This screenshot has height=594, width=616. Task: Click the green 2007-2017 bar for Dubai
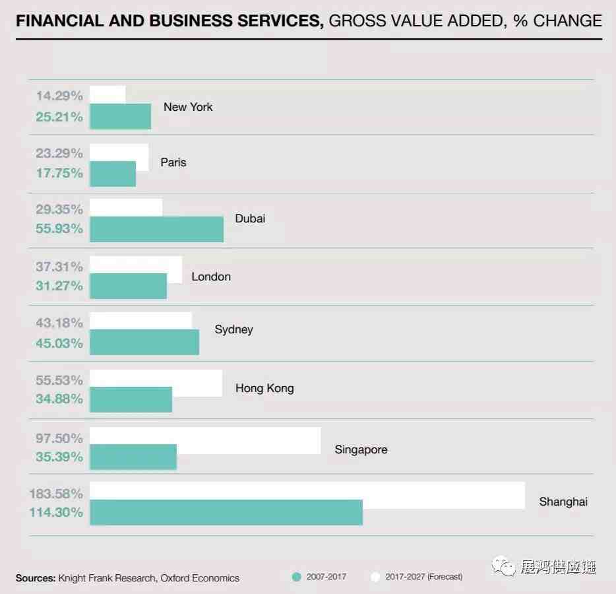(156, 229)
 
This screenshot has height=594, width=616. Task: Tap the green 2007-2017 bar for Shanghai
(226, 512)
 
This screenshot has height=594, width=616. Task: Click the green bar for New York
(120, 116)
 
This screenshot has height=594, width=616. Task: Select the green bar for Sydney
(144, 343)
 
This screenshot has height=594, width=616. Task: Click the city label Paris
(173, 162)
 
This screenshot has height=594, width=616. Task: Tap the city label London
(211, 277)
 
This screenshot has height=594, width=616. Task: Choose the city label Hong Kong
(264, 388)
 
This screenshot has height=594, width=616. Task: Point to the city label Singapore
(361, 450)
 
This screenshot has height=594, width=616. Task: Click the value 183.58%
(55, 494)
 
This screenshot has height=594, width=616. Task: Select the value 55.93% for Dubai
(59, 229)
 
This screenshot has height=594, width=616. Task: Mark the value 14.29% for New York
(59, 96)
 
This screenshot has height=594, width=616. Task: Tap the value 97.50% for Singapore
(59, 438)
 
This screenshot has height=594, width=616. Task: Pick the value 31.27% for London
(59, 286)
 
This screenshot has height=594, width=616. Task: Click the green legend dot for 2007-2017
(296, 577)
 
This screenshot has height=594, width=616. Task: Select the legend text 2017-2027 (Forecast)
(424, 577)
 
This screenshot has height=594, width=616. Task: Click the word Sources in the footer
(36, 578)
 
